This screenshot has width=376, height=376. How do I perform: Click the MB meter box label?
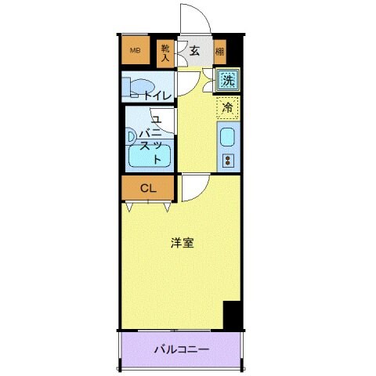pos(135,51)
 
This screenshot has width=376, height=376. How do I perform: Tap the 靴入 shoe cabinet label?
pos(165,52)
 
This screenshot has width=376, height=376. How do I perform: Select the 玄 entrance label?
pos(193,51)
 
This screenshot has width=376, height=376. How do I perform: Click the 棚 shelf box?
pos(219,52)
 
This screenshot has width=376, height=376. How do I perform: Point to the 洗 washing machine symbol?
pos(228,79)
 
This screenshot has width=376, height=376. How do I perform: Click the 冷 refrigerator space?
pos(227,108)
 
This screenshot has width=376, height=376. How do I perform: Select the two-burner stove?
pos(229,161)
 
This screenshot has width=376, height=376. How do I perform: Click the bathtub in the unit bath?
pos(149,157)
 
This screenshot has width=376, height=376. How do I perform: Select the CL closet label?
pos(147,188)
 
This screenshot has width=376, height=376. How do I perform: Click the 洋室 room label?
pos(183,243)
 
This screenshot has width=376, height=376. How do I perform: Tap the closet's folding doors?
pos(147,204)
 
